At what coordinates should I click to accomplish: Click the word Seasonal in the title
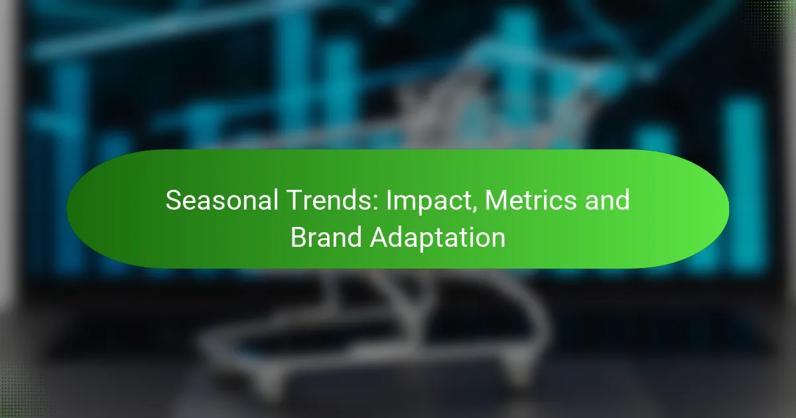tap(222, 200)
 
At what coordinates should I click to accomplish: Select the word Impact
tap(431, 201)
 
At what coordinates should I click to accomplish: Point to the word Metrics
tap(531, 200)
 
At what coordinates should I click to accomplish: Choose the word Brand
tap(326, 237)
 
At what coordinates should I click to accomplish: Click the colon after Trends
tap(377, 203)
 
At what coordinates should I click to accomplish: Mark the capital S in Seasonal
tap(173, 200)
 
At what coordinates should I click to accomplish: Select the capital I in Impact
tap(389, 200)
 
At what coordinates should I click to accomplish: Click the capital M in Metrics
tap(496, 200)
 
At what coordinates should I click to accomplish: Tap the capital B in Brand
tap(299, 237)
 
